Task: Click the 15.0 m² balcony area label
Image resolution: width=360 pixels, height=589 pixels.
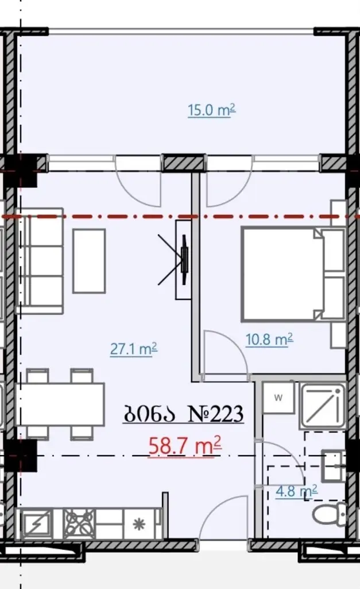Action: point(212,110)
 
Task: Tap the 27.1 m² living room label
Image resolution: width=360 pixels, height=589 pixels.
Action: point(134,349)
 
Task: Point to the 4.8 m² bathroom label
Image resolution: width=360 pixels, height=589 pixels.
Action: point(297,491)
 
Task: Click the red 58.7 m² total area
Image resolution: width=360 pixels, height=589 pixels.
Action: point(185,446)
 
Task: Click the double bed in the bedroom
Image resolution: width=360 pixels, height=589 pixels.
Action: point(293,274)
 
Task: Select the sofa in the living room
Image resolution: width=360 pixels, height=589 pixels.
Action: point(39,261)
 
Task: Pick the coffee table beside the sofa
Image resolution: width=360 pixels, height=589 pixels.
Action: point(89,261)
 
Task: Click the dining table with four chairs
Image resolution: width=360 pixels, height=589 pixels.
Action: point(60,404)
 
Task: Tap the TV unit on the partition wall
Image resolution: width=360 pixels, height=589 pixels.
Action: point(184,260)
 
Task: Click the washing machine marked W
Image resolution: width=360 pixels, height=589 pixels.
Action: point(278,398)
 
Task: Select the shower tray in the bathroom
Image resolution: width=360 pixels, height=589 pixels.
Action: point(323,406)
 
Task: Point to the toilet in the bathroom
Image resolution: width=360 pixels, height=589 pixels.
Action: point(329,513)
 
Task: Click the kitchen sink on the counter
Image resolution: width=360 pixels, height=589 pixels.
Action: point(37,525)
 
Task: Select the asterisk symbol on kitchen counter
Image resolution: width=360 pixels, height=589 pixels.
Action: point(139,525)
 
